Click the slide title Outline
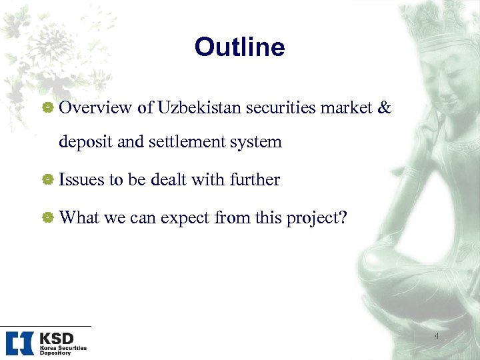[239, 47]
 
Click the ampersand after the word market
[384, 108]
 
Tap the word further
[255, 179]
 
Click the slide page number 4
[437, 336]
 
